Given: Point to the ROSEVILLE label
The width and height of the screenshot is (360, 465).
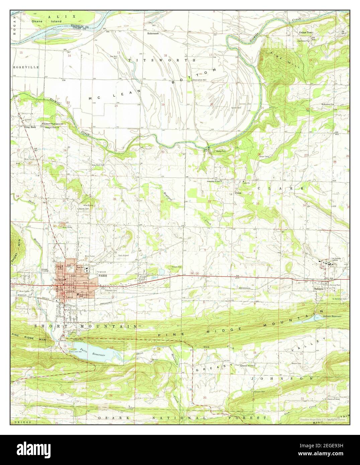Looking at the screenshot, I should click(26, 67).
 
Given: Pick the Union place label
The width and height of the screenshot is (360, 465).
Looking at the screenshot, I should click(238, 193).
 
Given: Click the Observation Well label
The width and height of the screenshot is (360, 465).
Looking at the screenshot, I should click(199, 80).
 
